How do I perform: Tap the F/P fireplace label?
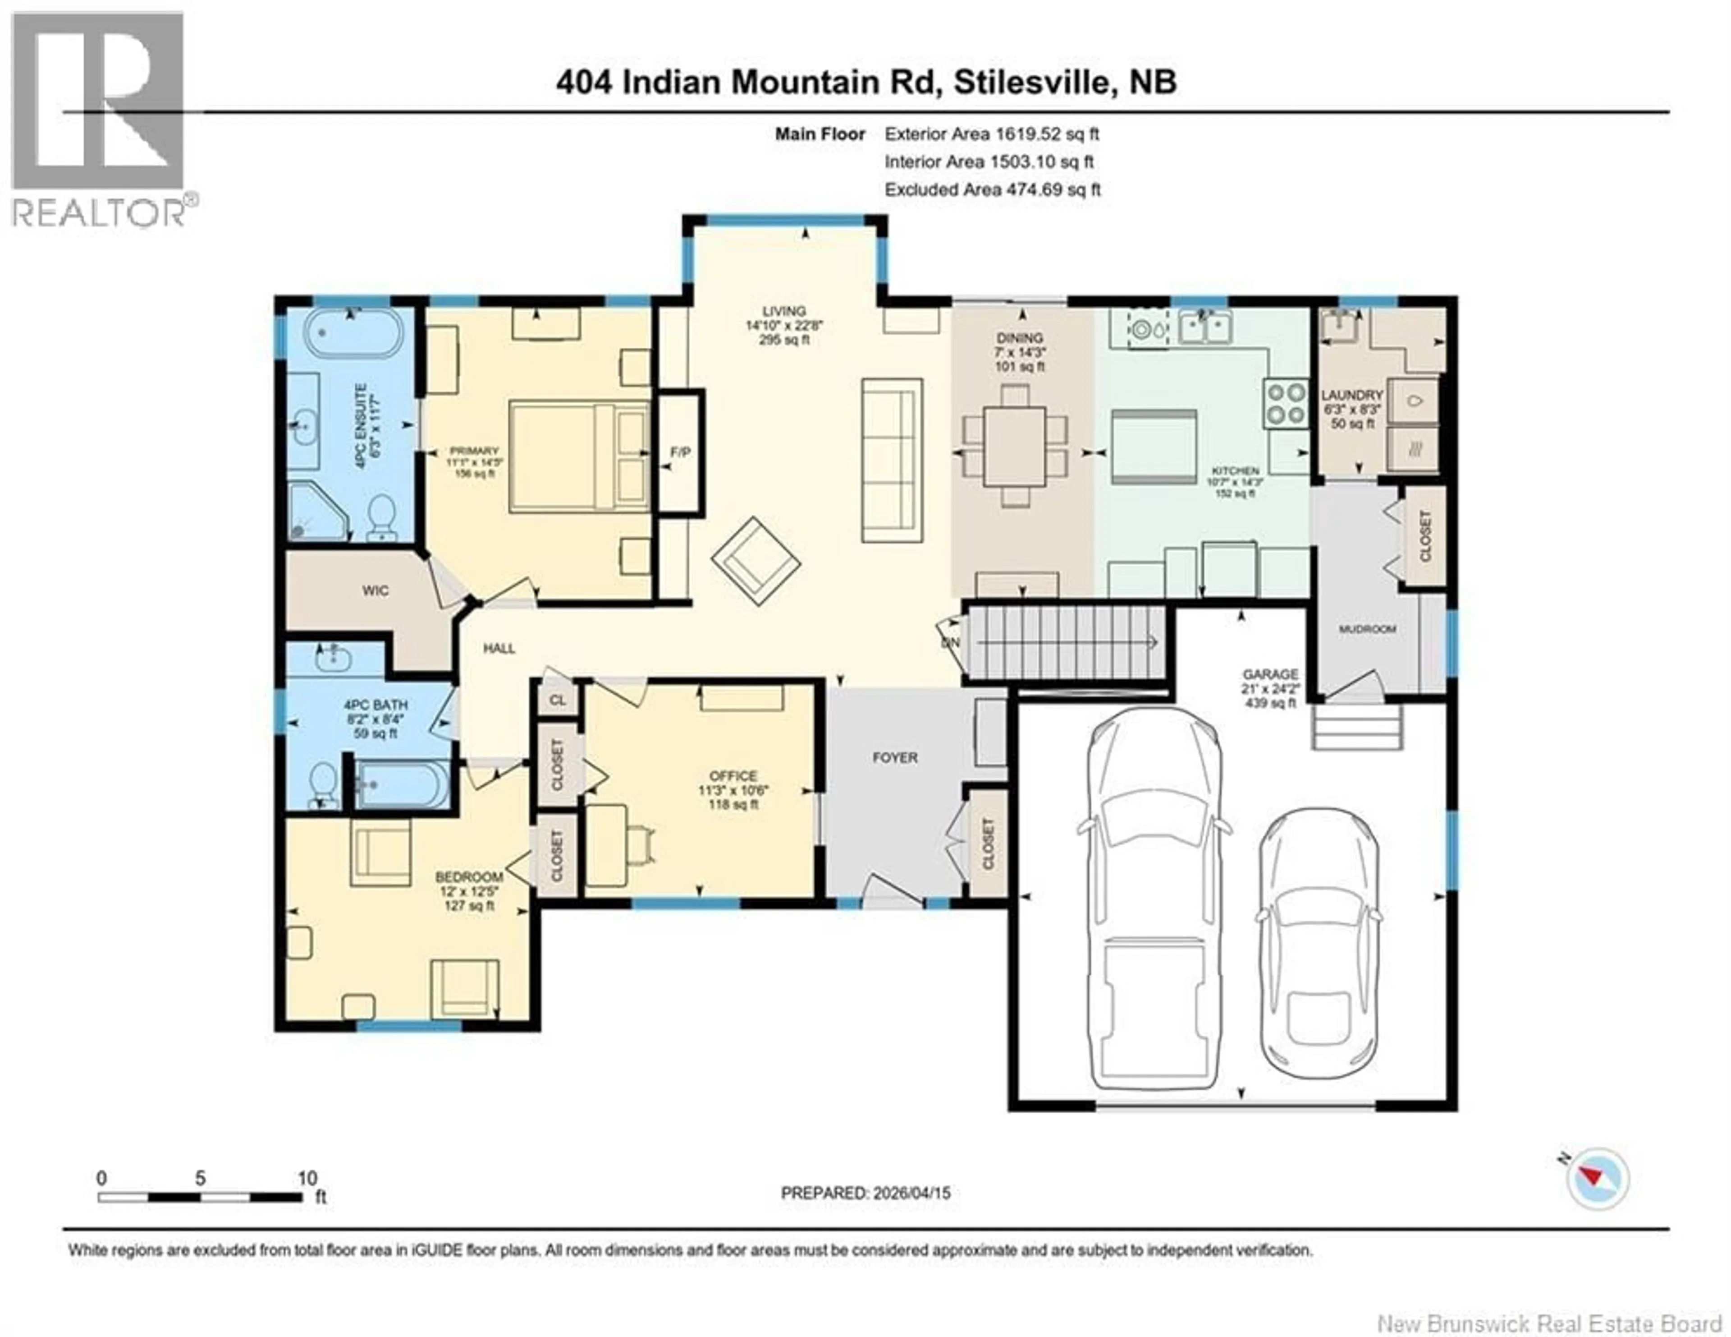pyautogui.click(x=680, y=452)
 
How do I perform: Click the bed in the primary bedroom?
pyautogui.click(x=579, y=456)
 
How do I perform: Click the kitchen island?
pyautogui.click(x=1153, y=447)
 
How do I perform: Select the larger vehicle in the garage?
pyautogui.click(x=1153, y=900)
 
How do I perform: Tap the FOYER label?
pyautogui.click(x=895, y=757)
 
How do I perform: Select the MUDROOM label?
pyautogui.click(x=1367, y=629)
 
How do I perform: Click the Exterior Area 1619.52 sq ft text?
pyautogui.click(x=992, y=134)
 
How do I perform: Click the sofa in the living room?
pyautogui.click(x=893, y=461)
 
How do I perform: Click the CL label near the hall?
pyautogui.click(x=557, y=700)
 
